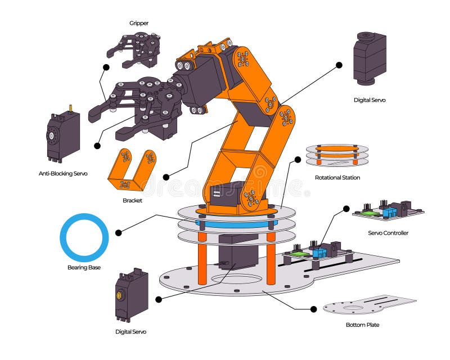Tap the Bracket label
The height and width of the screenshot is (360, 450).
pos(132,200)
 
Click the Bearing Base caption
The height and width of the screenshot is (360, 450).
pos(84,267)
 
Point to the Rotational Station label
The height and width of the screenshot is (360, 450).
pos(337,178)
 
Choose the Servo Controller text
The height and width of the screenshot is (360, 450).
pos(388,233)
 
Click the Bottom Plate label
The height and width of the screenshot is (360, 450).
pos(362,325)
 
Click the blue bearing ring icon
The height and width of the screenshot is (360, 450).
pos(84,237)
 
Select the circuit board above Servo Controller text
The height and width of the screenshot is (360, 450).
pos(388,211)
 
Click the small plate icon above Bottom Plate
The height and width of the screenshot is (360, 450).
pos(368,306)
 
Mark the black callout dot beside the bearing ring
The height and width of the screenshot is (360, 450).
pos(118,232)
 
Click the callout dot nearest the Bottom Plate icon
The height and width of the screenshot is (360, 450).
pos(313,309)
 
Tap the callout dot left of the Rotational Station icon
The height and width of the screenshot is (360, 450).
pos(298,160)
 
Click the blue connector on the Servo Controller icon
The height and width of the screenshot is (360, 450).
pos(389,211)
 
